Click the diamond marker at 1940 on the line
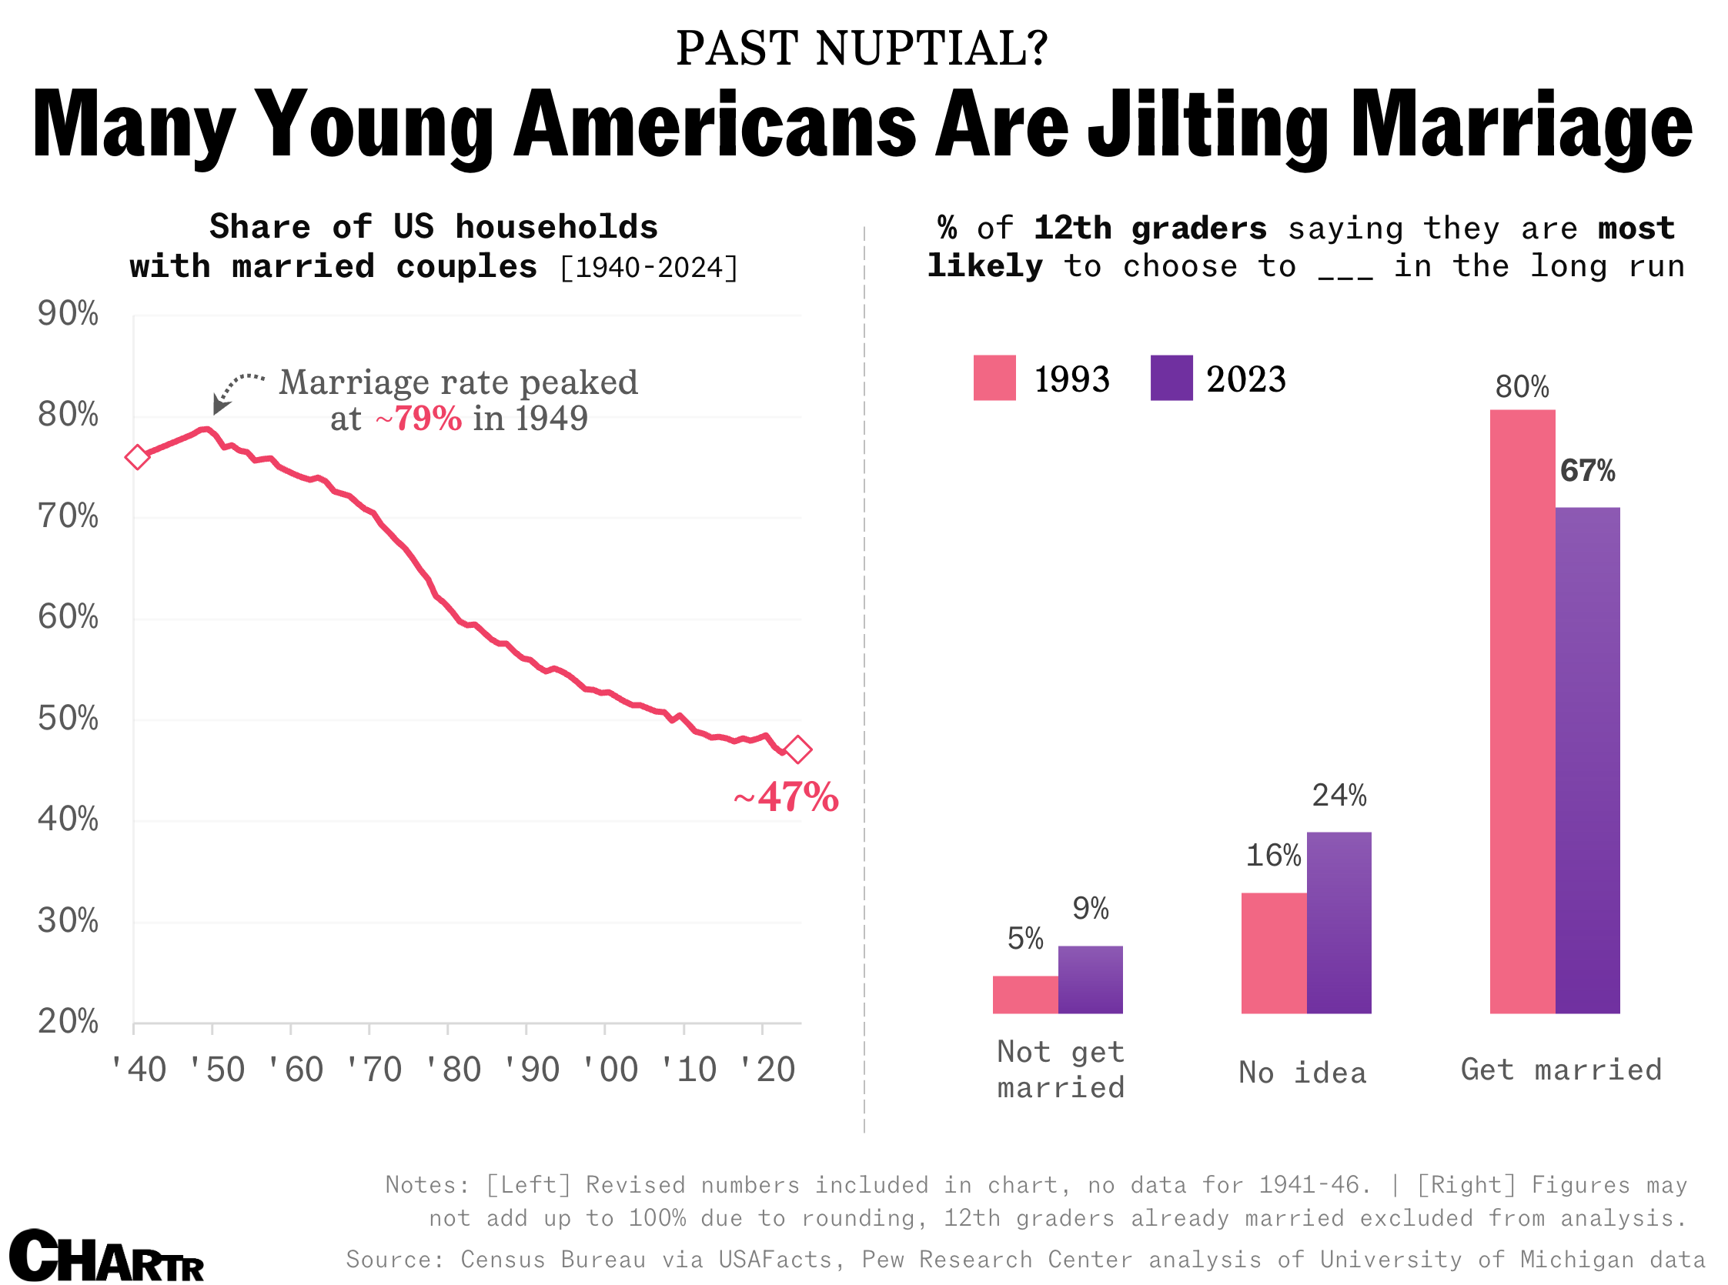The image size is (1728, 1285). tap(137, 457)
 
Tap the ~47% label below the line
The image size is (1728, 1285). tap(787, 797)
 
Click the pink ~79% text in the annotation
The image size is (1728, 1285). tap(419, 419)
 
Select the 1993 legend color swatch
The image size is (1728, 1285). tap(994, 378)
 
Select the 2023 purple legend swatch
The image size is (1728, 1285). tap(1171, 378)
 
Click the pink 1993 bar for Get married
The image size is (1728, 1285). tap(1522, 712)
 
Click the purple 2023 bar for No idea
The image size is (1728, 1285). tap(1339, 923)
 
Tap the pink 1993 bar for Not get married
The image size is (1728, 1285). tap(1025, 995)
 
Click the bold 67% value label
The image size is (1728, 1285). tap(1588, 472)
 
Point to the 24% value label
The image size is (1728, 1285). tap(1339, 796)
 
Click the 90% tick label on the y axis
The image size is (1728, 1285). tap(69, 314)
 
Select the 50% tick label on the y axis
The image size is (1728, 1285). tap(69, 719)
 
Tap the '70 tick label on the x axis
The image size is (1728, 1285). tap(374, 1070)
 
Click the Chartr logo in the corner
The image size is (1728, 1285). tap(106, 1255)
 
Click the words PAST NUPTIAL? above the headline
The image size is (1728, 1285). tap(863, 48)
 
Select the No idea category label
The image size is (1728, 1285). tap(1303, 1073)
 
